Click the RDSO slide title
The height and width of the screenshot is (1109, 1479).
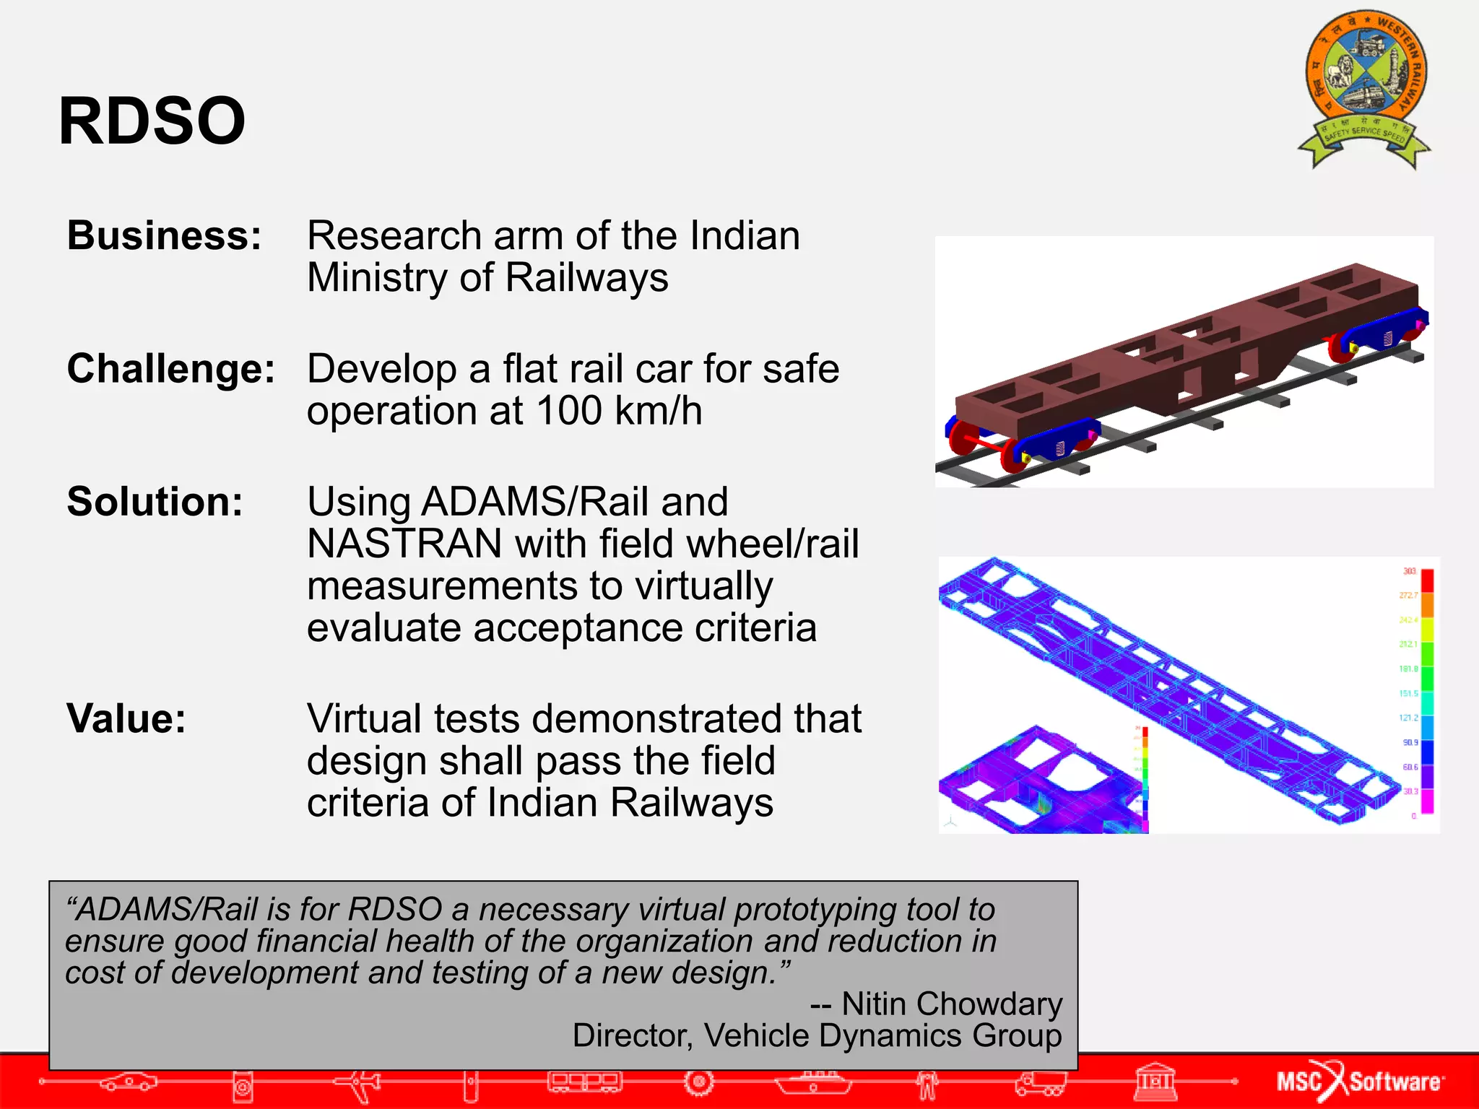click(152, 121)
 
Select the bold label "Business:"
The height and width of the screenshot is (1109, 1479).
click(164, 235)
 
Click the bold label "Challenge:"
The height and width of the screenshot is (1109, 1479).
click(171, 368)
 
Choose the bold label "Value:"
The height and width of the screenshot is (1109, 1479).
click(126, 718)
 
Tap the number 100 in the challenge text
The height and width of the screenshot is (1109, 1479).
click(569, 411)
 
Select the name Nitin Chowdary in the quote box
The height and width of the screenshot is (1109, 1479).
click(952, 1004)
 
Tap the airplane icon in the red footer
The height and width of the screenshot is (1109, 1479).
click(359, 1082)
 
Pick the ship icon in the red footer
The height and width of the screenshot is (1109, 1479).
click(813, 1082)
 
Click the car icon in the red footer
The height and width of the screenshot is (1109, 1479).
click(129, 1082)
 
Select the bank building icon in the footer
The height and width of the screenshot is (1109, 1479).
click(1155, 1082)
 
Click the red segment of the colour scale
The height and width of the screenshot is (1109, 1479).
click(1427, 580)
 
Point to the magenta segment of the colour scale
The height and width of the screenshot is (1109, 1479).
click(1427, 801)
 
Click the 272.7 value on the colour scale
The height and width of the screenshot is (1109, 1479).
click(1408, 596)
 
